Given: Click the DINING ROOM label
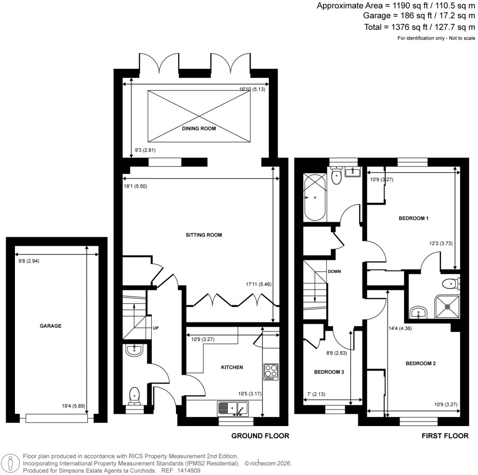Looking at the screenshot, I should coord(198,128).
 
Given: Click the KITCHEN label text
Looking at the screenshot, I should coord(232,367).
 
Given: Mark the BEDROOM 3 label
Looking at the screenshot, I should coord(329,372).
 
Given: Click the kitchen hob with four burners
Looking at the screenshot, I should coord(271,371).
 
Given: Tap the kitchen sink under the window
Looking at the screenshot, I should coord(233,409).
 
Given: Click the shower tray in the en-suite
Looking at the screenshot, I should coord(447,307).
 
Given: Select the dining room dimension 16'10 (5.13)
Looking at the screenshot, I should coord(252,89).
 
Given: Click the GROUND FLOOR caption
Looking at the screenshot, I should coord(260,436).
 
